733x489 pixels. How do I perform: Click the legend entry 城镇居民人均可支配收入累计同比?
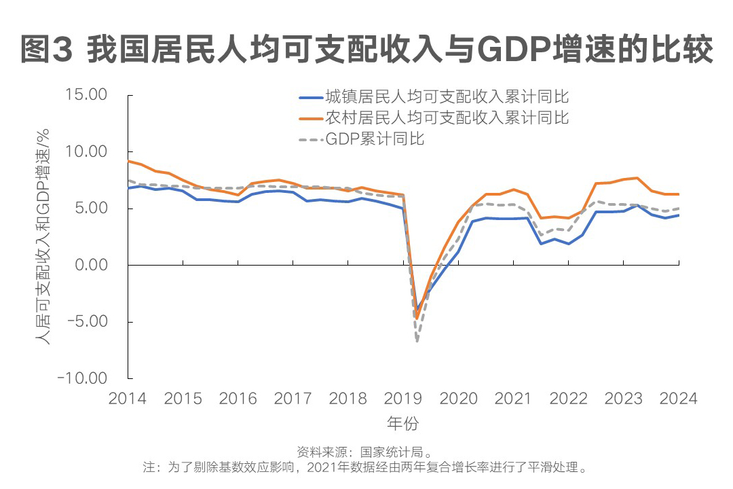(447, 96)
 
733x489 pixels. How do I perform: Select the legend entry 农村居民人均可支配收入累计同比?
(447, 117)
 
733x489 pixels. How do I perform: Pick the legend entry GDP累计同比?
(375, 139)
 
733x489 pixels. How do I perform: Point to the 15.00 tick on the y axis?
(86, 94)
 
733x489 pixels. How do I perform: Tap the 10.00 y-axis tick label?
(86, 151)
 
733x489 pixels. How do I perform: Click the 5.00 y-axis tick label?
(90, 208)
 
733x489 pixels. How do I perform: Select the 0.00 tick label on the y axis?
(90, 264)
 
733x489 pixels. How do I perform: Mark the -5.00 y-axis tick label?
(86, 321)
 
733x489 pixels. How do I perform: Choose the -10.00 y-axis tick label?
(82, 378)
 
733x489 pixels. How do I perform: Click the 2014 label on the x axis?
(128, 399)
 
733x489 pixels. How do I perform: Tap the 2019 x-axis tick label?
(404, 399)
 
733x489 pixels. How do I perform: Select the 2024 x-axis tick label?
(679, 399)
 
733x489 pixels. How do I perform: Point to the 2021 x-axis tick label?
(514, 399)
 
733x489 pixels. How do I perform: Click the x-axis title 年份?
(403, 424)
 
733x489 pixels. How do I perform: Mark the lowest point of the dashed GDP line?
(417, 340)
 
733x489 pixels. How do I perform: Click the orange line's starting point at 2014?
(128, 161)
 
